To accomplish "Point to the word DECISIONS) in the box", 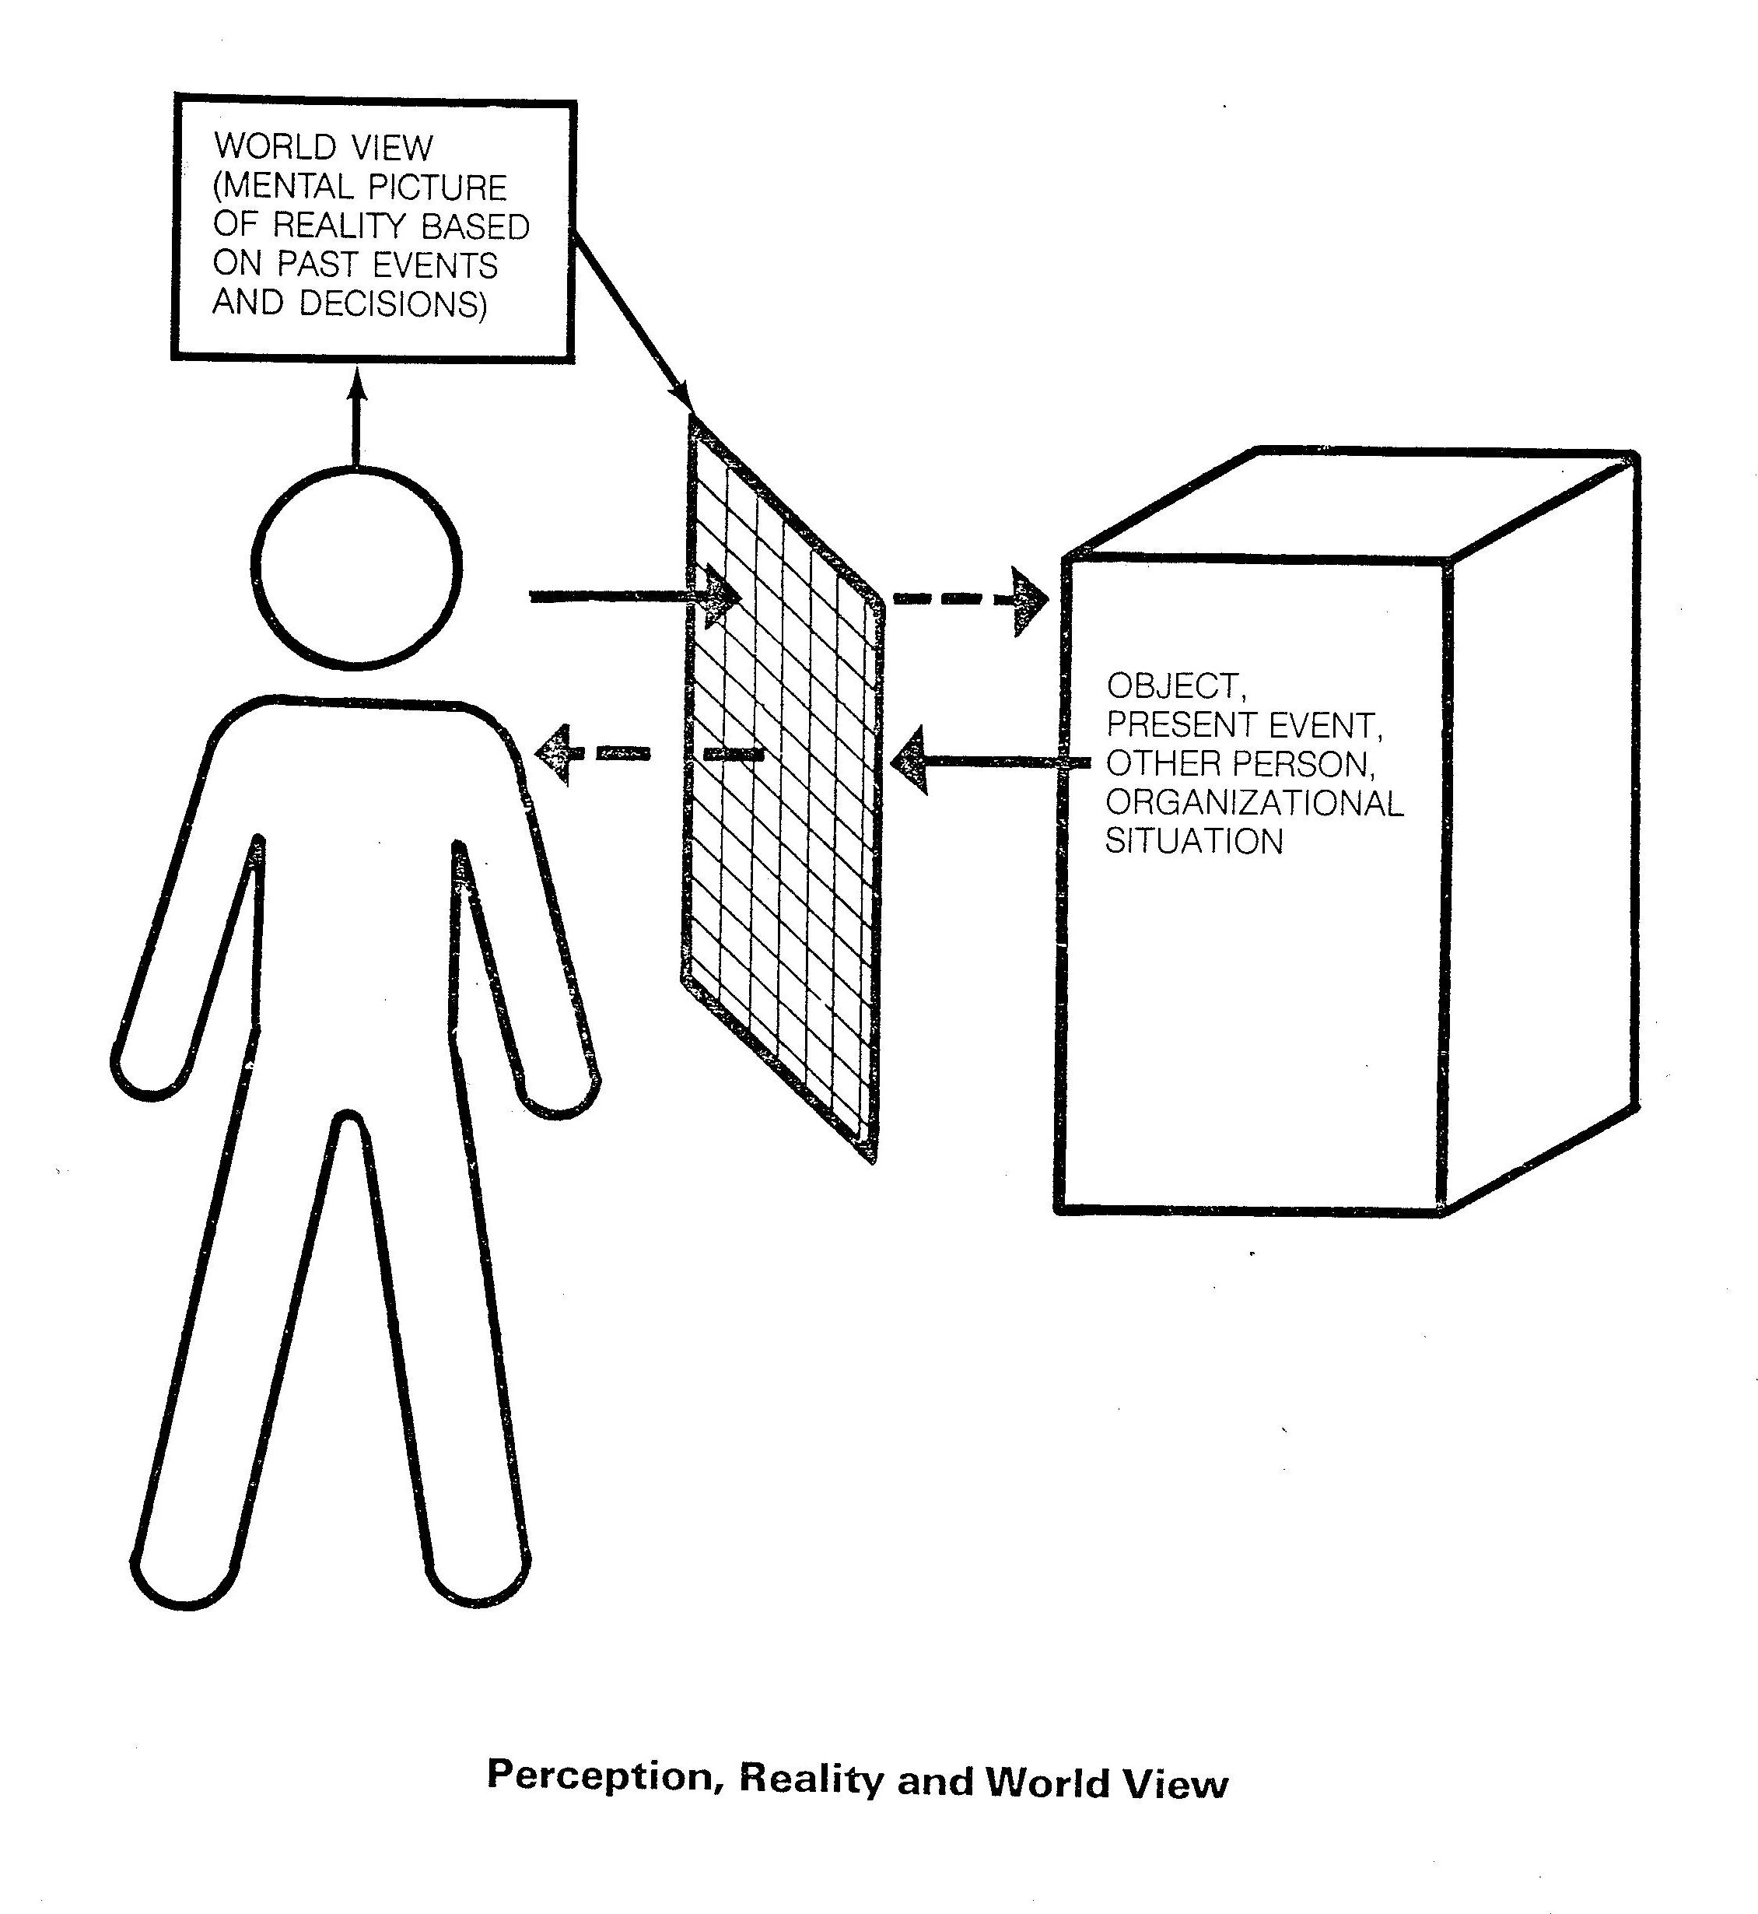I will (x=393, y=303).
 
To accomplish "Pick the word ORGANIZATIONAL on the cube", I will (x=1254, y=802).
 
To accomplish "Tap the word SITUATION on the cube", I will (x=1194, y=841).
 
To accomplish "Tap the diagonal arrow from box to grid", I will (x=632, y=319).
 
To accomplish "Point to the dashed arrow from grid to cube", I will (x=970, y=599).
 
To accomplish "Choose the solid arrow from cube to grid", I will (x=989, y=760).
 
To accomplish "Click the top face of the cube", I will (x=1351, y=504).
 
